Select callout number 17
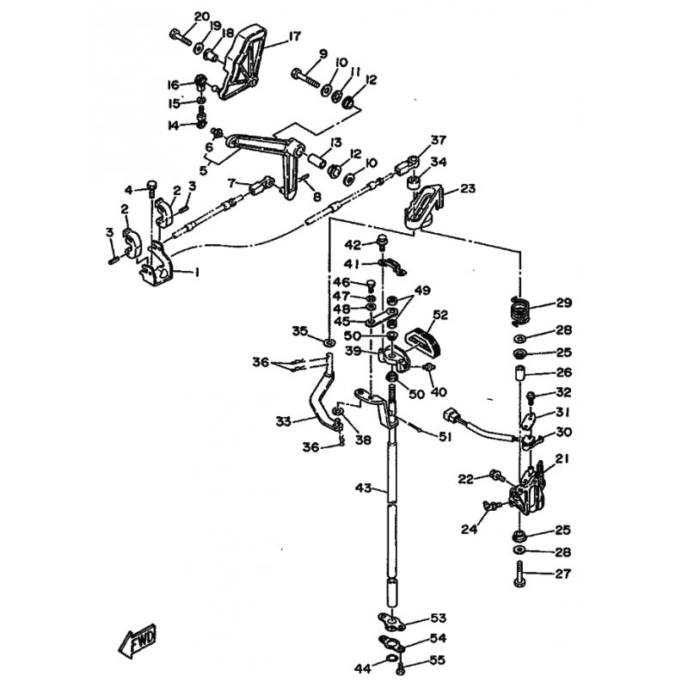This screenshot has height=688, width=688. (x=295, y=36)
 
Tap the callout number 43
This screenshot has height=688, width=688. (x=364, y=488)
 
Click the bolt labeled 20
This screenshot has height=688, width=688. (x=181, y=37)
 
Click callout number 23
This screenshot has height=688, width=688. (x=468, y=188)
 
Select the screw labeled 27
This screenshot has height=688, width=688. (x=520, y=574)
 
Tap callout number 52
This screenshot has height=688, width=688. (x=440, y=315)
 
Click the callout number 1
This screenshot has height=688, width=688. (x=197, y=273)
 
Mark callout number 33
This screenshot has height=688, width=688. (x=284, y=421)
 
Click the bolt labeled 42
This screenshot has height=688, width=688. (x=382, y=243)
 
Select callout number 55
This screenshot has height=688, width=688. (x=438, y=660)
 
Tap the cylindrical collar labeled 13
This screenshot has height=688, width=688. (x=316, y=160)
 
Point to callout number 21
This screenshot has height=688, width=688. (x=562, y=459)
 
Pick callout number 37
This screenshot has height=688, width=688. (x=438, y=140)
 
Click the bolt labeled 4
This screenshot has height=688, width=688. (x=151, y=188)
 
